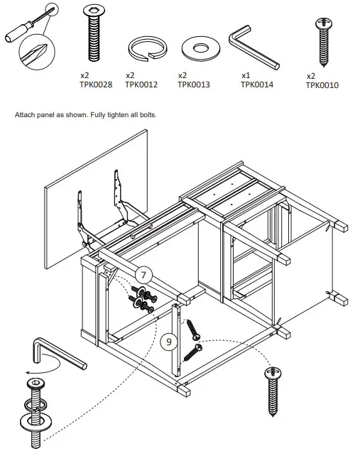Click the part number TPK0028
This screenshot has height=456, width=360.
(x=97, y=83)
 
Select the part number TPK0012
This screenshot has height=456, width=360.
(x=141, y=83)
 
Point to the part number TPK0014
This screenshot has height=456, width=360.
(x=257, y=83)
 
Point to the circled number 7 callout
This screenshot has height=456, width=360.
(x=143, y=273)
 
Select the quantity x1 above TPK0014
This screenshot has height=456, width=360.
(x=246, y=75)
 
